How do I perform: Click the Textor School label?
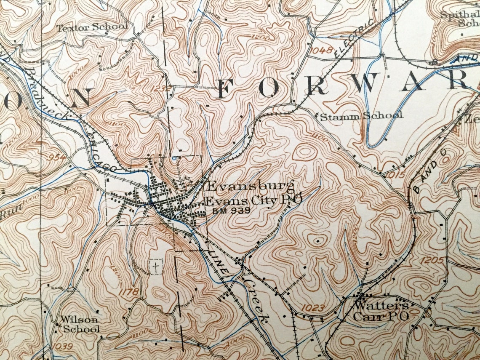92,27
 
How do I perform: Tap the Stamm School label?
361,115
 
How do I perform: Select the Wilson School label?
80,324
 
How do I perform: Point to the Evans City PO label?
253,200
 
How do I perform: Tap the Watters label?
381,305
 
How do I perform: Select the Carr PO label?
381,316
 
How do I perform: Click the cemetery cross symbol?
156,267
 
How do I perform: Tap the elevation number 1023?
313,308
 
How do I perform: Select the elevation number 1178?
129,291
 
